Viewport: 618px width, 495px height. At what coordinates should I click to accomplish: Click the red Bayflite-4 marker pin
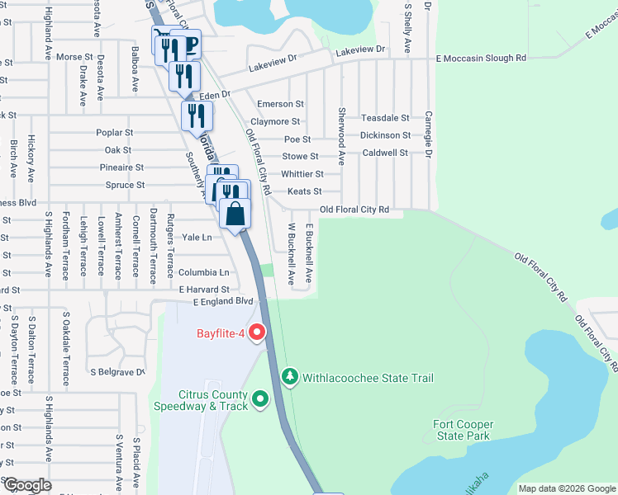tap(257, 333)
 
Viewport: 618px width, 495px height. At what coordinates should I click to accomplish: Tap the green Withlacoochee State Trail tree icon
tap(289, 377)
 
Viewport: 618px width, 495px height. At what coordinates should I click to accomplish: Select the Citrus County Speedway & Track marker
tap(261, 400)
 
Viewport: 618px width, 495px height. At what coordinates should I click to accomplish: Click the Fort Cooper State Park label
tap(462, 430)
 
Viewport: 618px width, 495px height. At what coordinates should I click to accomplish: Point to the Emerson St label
tap(280, 105)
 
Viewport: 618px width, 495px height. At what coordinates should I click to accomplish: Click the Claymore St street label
tap(277, 122)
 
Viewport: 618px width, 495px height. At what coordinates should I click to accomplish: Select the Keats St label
tap(304, 191)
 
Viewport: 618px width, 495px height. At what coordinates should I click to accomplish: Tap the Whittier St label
tap(302, 174)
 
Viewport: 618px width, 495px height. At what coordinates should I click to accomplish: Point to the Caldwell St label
tap(385, 153)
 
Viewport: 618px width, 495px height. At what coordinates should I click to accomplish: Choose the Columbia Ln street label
tap(203, 272)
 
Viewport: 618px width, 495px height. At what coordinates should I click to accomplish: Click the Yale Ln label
tap(197, 237)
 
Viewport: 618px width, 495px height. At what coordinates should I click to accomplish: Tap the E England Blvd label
tap(222, 302)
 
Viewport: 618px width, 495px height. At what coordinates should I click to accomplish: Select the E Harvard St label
tap(204, 290)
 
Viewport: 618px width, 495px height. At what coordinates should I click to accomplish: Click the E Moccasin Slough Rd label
tap(480, 58)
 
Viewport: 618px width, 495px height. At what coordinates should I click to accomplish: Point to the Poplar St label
tap(114, 133)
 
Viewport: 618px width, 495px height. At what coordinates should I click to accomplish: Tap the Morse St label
tap(74, 57)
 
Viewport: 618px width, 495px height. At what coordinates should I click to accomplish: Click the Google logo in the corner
tap(26, 485)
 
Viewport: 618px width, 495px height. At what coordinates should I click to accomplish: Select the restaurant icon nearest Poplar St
tap(196, 115)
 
